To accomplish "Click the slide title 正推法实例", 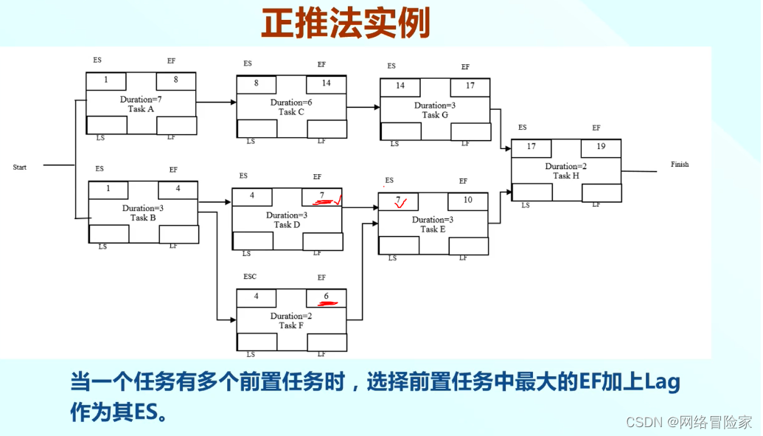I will pyautogui.click(x=346, y=24).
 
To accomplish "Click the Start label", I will pyautogui.click(x=20, y=167).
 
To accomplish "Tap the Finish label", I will pyautogui.click(x=680, y=165).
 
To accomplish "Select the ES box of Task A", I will pyautogui.click(x=106, y=80).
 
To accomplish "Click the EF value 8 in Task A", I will pyautogui.click(x=176, y=80).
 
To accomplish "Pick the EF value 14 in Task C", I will pyautogui.click(x=326, y=83).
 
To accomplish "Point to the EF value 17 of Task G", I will pyautogui.click(x=470, y=86).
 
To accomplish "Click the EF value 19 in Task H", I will pyautogui.click(x=601, y=147).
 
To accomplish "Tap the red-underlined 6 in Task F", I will pyautogui.click(x=326, y=297).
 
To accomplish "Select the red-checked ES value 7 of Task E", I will pyautogui.click(x=398, y=201).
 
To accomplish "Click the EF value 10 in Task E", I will pyautogui.click(x=468, y=200).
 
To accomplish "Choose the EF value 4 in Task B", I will pyautogui.click(x=178, y=189).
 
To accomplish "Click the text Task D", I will pyautogui.click(x=287, y=225).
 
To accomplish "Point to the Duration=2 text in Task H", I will pyautogui.click(x=565, y=167).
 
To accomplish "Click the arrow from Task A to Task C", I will pyautogui.click(x=216, y=103).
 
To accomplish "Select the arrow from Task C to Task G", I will pyautogui.click(x=363, y=107).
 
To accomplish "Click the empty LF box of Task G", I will pyautogui.click(x=470, y=131).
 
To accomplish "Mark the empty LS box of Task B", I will pyautogui.click(x=109, y=234).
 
